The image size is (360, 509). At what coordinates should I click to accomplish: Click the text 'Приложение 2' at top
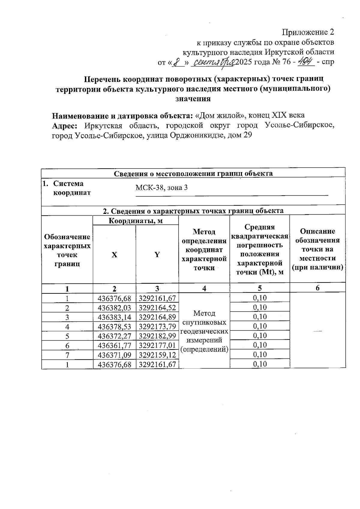(x=308, y=32)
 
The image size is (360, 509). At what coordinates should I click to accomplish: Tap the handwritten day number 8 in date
(x=179, y=62)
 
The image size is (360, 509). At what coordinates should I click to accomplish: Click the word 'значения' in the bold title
(x=193, y=99)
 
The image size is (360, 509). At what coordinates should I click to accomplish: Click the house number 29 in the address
(x=247, y=135)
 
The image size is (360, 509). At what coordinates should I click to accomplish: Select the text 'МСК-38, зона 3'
(x=162, y=188)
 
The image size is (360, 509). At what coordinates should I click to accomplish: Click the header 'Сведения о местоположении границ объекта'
(x=193, y=173)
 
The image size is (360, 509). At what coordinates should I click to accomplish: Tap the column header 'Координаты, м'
(x=136, y=221)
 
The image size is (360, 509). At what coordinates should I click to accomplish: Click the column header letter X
(x=114, y=255)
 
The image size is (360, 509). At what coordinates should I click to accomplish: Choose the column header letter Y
(x=157, y=255)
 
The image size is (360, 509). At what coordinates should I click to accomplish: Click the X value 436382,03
(x=115, y=308)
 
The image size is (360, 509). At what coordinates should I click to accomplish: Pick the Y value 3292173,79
(x=157, y=326)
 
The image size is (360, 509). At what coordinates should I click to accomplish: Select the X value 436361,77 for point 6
(x=115, y=345)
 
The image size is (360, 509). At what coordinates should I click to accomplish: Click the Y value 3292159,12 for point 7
(x=157, y=355)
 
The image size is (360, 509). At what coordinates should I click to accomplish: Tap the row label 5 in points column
(x=67, y=336)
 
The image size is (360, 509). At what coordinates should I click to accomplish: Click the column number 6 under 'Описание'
(x=317, y=288)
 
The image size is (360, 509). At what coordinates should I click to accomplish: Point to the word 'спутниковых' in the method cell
(x=204, y=322)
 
